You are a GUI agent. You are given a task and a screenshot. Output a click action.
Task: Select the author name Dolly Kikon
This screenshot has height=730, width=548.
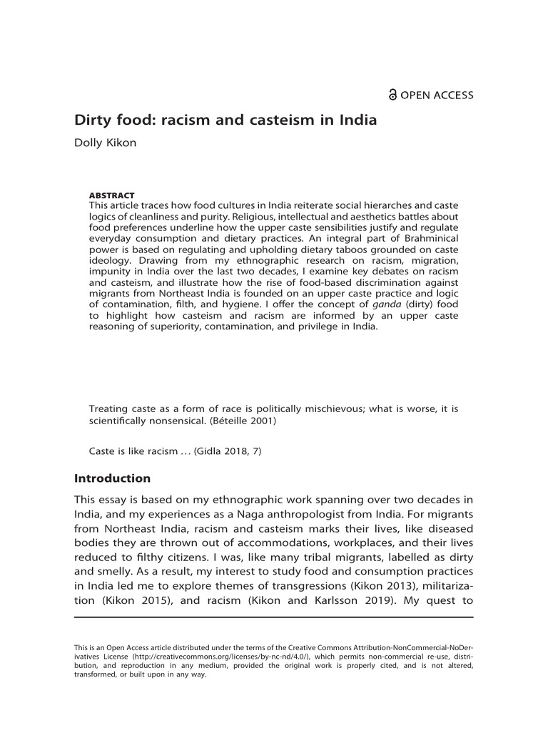(x=106, y=143)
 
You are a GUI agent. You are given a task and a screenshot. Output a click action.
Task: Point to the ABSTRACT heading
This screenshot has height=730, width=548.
(x=111, y=195)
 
